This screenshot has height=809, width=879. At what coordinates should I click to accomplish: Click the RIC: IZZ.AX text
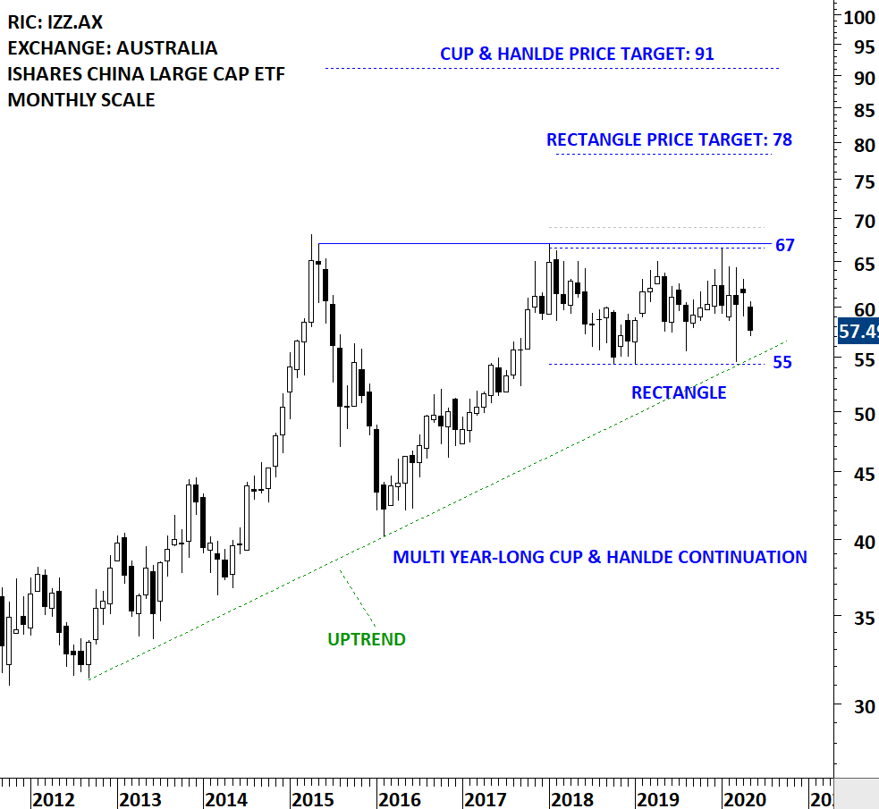(55, 22)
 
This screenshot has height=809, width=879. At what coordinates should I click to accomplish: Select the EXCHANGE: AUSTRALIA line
(112, 48)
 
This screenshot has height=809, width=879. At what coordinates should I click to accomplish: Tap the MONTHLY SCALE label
(81, 100)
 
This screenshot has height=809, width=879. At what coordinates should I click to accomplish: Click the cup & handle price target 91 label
(577, 55)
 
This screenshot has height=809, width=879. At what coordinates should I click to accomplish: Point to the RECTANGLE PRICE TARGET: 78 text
(669, 140)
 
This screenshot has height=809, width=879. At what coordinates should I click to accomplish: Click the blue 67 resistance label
(784, 246)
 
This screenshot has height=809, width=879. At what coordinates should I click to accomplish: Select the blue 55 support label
(782, 363)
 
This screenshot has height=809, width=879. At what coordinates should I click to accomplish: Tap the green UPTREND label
(366, 639)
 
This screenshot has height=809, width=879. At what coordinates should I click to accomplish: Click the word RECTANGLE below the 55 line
(679, 392)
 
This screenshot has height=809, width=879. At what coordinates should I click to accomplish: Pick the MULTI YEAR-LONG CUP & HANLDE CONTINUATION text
(600, 558)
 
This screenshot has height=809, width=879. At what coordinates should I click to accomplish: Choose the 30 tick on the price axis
(853, 706)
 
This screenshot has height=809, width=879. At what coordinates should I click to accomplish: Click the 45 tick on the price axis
(853, 475)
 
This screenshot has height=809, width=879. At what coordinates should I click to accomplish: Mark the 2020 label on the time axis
(742, 798)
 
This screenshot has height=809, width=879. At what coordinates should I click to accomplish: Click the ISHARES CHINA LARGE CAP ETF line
(146, 74)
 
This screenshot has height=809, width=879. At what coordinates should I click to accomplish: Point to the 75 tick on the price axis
(853, 183)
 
